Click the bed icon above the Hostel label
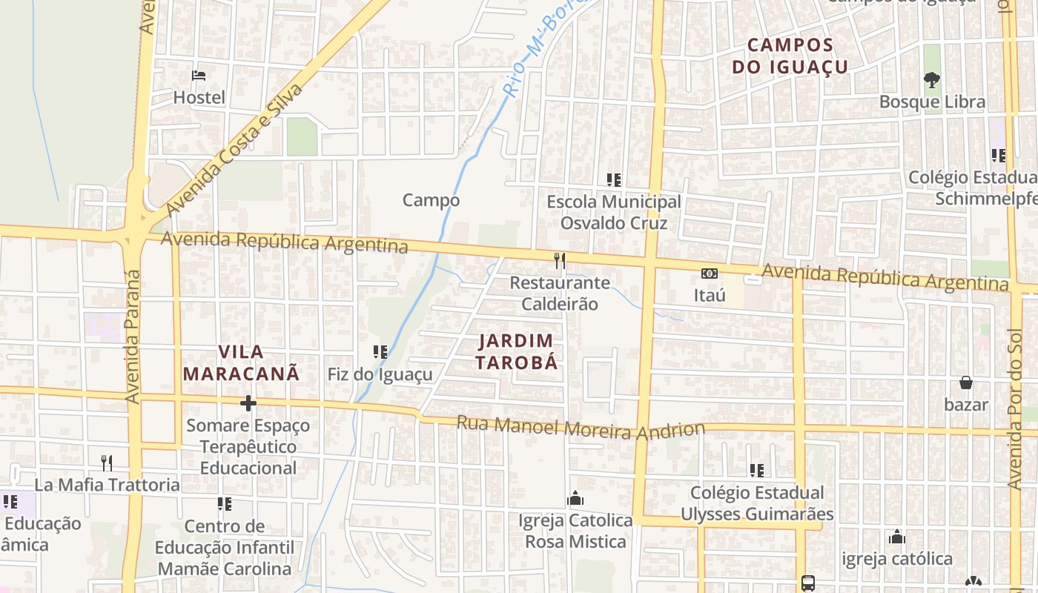pos(198,75)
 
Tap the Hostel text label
pos(199,97)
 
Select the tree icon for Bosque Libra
pos(932,79)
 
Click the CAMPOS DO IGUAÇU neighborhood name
pos(790,56)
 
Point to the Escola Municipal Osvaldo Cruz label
pos(613,212)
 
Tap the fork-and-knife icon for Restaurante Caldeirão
pos(560,260)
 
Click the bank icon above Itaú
pos(710,274)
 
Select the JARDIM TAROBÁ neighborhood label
pos(516,351)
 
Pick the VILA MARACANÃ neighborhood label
pos(241,362)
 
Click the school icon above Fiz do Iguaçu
pos(380,352)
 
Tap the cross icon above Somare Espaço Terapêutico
pos(248,403)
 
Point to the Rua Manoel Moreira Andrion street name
pos(580,428)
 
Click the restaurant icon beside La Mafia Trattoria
pos(108,463)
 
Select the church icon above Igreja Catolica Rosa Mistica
pos(575,499)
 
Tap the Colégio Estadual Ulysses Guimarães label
pos(757,503)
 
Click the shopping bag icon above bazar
pos(965,382)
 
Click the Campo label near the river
pos(431,200)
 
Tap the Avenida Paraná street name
pos(133,337)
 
